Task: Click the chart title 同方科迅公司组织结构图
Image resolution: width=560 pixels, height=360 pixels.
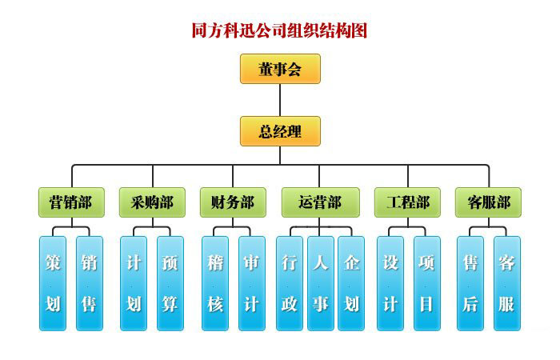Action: tap(279, 31)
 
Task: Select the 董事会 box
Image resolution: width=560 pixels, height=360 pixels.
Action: tap(280, 69)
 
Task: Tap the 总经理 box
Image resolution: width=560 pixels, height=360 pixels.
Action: tap(280, 131)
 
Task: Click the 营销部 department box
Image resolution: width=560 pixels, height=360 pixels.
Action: tap(71, 202)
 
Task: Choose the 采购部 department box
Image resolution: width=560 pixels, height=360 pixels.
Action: tap(152, 202)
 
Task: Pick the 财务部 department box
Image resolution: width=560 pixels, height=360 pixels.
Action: tap(233, 202)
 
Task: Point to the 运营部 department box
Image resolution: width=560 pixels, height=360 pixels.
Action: tap(320, 202)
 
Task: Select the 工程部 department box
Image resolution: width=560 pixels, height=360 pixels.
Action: tap(407, 202)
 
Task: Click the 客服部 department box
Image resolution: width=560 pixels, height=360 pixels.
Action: tap(488, 202)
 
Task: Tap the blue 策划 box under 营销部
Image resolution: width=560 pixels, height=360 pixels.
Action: tap(53, 283)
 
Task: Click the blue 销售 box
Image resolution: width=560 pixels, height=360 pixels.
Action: tap(90, 283)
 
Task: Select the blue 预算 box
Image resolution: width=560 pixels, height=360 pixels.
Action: tap(170, 283)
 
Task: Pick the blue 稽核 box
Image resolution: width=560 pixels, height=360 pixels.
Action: tap(214, 283)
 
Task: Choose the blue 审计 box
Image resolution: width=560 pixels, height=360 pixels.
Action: tap(251, 283)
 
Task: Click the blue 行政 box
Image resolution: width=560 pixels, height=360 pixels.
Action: tap(290, 283)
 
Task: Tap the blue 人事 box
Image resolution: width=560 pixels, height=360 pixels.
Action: tap(320, 283)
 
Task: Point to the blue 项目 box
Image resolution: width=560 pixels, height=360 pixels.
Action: tap(426, 283)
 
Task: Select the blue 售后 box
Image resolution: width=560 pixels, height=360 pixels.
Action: tap(470, 283)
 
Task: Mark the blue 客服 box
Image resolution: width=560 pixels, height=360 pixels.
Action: tap(506, 283)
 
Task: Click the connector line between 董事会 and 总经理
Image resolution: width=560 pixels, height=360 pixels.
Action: tap(280, 100)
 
